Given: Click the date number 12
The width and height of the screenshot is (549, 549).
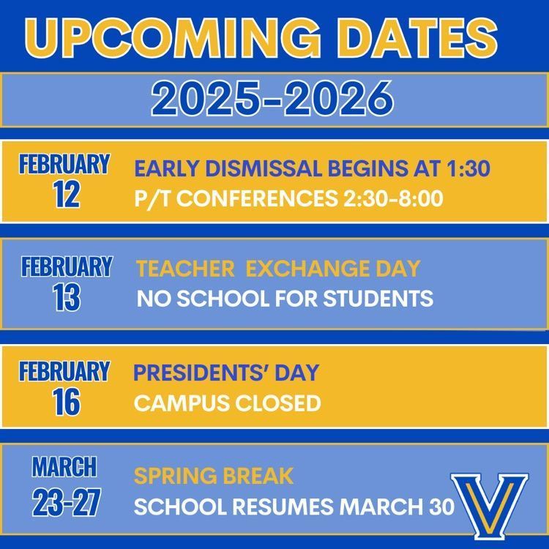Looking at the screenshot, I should [66, 195].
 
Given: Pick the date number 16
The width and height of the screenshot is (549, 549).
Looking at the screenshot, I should [66, 402].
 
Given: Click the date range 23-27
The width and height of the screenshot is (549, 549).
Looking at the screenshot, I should [64, 504].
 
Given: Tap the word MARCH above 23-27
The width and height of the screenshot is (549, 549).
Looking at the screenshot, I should [64, 466].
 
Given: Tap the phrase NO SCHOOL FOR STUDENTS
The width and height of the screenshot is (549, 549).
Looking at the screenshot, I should [285, 299].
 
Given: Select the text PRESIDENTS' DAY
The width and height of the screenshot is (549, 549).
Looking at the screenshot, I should [226, 373].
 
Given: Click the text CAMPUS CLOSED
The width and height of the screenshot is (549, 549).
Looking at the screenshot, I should [228, 403].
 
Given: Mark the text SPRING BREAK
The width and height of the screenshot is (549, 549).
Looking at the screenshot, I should [214, 476].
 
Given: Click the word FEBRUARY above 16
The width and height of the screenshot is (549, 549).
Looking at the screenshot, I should [64, 372].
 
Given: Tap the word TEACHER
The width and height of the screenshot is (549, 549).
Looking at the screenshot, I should [185, 269].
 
